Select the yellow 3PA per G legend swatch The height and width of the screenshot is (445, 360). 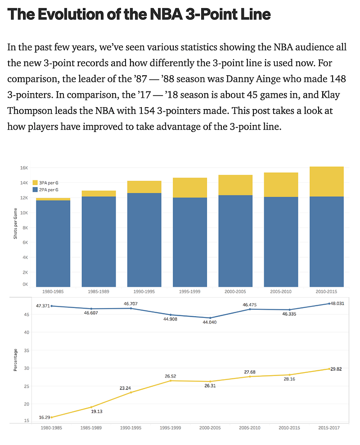35,182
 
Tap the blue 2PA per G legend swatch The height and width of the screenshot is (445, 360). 35,190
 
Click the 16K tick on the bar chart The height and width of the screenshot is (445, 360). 24,168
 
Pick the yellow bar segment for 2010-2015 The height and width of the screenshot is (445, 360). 327,182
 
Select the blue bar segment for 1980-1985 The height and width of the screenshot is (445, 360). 53,243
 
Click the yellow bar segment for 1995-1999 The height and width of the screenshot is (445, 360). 190,188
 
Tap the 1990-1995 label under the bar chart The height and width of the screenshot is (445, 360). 144,291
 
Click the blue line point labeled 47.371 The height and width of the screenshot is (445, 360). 52,306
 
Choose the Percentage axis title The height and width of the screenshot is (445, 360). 15,360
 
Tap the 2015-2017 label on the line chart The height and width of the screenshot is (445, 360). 328,428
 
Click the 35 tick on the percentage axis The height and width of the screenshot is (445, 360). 27,350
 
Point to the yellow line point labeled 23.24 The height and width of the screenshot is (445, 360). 131,392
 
